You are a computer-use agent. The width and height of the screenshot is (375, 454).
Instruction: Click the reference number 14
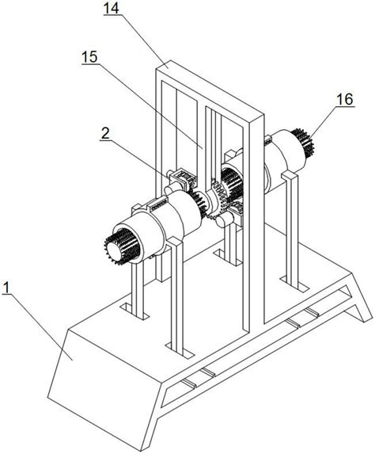pos(112,9)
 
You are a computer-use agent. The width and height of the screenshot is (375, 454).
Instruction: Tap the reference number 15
pos(89,57)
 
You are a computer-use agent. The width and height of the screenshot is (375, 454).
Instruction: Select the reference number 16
pos(345,99)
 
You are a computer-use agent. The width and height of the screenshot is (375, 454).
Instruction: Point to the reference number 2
pos(105,133)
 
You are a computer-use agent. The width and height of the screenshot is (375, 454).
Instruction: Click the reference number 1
pos(6,288)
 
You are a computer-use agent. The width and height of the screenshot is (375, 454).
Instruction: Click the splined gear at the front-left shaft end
pos(122,246)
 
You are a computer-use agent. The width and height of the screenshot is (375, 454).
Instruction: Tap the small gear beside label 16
pos(303,143)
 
